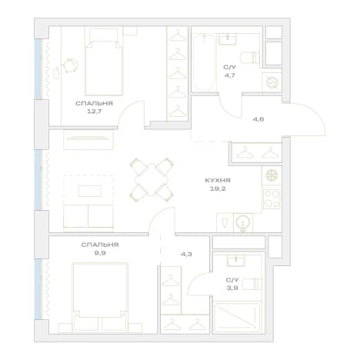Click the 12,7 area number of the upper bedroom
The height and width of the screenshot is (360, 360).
click(x=94, y=112)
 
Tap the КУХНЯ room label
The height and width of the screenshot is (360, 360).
click(x=218, y=181)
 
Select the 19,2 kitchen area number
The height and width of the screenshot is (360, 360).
click(x=218, y=189)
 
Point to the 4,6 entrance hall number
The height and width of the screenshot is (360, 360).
click(x=258, y=119)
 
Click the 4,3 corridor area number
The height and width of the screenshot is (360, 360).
click(x=186, y=254)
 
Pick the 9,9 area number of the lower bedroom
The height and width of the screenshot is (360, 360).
click(x=100, y=253)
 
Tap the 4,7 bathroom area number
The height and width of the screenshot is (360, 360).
click(x=229, y=75)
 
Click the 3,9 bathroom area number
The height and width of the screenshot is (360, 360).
click(x=232, y=288)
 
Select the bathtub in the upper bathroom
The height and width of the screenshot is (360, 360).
click(x=204, y=63)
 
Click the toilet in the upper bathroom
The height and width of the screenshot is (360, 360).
click(x=249, y=57)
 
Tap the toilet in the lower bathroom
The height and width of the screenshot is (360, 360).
click(x=252, y=284)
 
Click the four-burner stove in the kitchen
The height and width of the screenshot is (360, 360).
click(x=272, y=199)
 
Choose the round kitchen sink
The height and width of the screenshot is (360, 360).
click(x=243, y=222)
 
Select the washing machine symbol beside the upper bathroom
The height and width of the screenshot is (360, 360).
click(x=272, y=82)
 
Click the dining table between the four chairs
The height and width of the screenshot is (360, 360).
click(x=152, y=180)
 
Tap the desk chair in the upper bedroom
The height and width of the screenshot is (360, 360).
click(x=70, y=65)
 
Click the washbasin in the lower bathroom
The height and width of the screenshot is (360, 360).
click(x=236, y=261)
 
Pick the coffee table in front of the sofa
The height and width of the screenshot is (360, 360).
click(x=89, y=191)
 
